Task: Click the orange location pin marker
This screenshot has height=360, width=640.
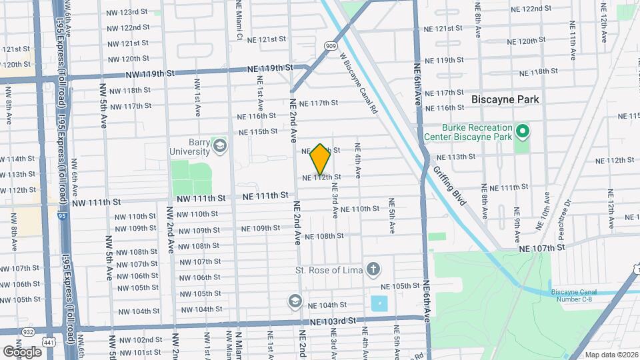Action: pyautogui.click(x=320, y=159)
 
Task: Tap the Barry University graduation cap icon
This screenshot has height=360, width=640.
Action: pyautogui.click(x=219, y=145)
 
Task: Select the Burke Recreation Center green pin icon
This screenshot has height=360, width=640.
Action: pyautogui.click(x=523, y=131)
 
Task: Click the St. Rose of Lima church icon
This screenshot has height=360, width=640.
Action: pyautogui.click(x=373, y=270)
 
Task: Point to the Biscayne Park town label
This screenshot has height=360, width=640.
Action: pyautogui.click(x=505, y=99)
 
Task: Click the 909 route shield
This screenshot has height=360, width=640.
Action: pyautogui.click(x=331, y=45)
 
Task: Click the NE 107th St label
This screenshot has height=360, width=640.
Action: pyautogui.click(x=543, y=247)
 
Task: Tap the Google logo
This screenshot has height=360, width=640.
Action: pyautogui.click(x=22, y=351)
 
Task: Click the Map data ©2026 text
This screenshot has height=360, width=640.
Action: pyautogui.click(x=611, y=355)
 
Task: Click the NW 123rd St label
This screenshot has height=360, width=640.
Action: pyautogui.click(x=126, y=12)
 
